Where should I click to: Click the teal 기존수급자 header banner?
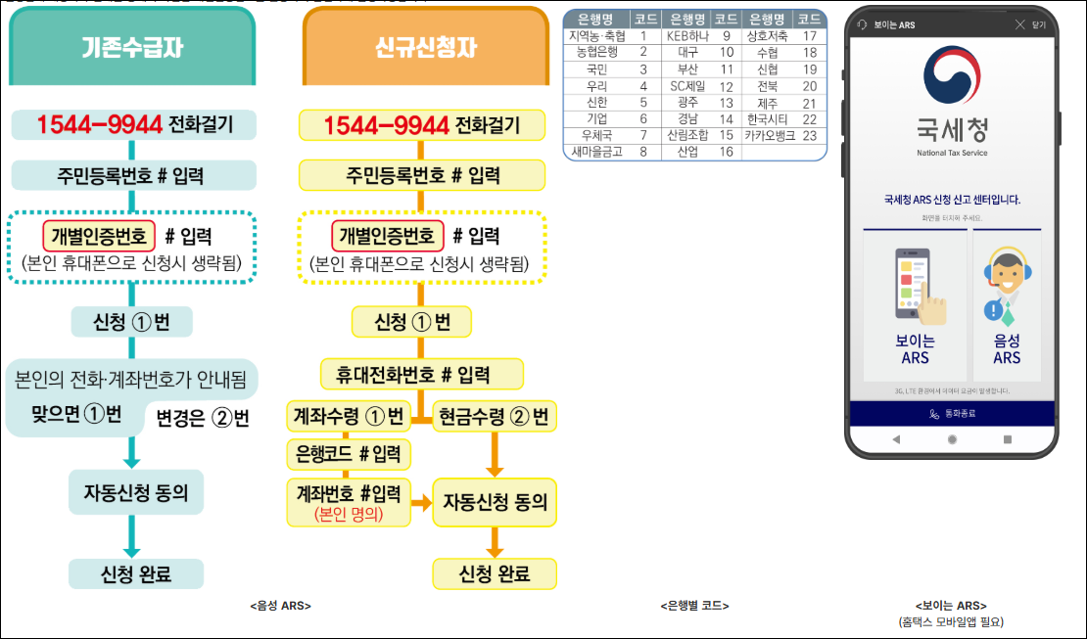[132, 47]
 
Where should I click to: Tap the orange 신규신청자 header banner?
[426, 47]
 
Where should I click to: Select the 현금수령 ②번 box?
[496, 416]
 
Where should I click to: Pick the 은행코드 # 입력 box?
[349, 453]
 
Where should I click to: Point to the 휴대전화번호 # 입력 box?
[422, 374]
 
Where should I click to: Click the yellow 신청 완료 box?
[495, 574]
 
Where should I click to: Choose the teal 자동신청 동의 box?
[136, 492]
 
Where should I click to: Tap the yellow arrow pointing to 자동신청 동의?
[421, 504]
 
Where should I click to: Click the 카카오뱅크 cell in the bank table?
[769, 135]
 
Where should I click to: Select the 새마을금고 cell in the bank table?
[596, 152]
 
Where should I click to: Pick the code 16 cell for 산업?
[726, 152]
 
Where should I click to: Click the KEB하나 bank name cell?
[685, 35]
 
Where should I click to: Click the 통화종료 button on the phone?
[952, 413]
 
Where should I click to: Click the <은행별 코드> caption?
[694, 606]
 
